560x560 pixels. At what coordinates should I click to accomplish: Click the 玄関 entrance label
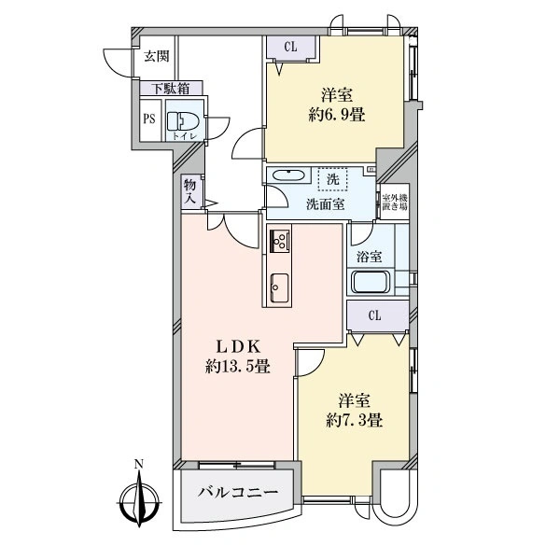pos(157,56)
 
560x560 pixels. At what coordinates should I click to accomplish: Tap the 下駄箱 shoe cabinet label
pos(172,89)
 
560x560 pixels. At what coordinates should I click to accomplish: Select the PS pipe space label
pos(149,119)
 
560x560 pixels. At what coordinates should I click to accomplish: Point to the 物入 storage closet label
pos(190,191)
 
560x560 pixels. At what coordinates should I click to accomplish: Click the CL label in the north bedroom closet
pos(290,47)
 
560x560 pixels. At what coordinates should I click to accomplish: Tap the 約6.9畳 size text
pos(336,116)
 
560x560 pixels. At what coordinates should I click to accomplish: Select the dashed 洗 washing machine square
pos(333,179)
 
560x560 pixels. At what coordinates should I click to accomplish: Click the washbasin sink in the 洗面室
pos(288,176)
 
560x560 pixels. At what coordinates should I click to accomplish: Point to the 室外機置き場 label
pos(394,202)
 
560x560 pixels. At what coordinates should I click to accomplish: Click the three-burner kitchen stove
pos(280,240)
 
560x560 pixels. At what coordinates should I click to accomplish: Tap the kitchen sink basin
pos(280,287)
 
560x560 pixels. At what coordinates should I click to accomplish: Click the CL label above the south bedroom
pos(374,315)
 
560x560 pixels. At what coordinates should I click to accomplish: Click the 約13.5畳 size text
pos(237,367)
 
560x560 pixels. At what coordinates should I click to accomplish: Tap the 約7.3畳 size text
pos(355,421)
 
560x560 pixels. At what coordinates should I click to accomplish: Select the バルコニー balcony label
pos(238,493)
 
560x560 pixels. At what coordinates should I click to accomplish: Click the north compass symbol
pos(139,502)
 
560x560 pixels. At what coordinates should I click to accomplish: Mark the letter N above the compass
pos(138,464)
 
